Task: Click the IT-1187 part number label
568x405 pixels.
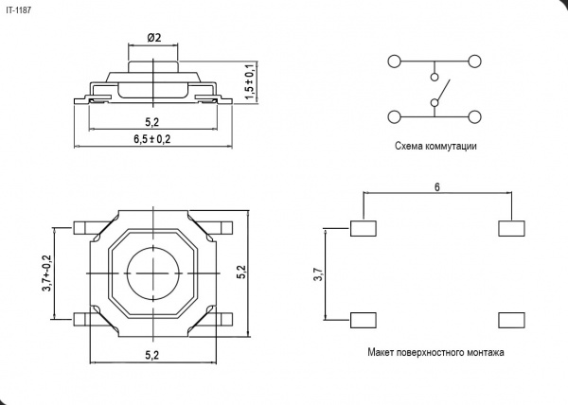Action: pyautogui.click(x=19, y=10)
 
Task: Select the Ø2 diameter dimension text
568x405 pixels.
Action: pyautogui.click(x=154, y=37)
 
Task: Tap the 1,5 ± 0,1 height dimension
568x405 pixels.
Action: pyautogui.click(x=250, y=82)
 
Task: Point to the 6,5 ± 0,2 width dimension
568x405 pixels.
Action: pyautogui.click(x=152, y=138)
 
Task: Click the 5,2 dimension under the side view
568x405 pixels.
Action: pyautogui.click(x=152, y=122)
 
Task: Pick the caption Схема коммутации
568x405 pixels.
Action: pyautogui.click(x=435, y=146)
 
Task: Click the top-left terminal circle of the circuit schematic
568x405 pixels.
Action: pyautogui.click(x=394, y=62)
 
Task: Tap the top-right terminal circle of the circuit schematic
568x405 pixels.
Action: pyautogui.click(x=474, y=62)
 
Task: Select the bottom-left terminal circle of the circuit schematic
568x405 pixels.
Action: pyautogui.click(x=394, y=117)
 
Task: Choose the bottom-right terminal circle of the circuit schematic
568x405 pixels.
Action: pyautogui.click(x=474, y=117)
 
